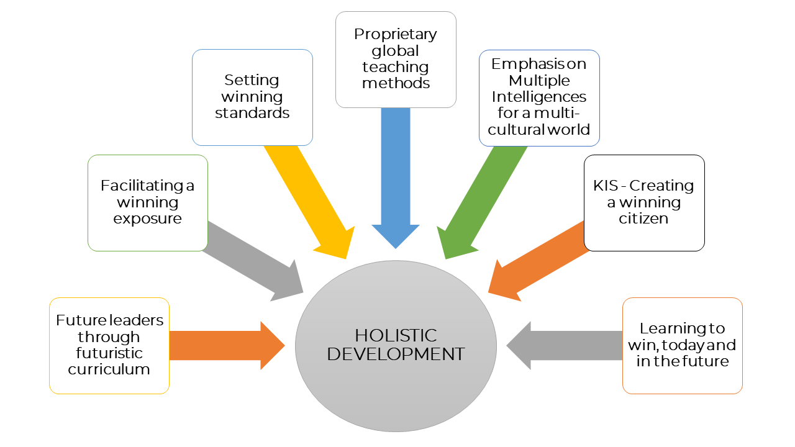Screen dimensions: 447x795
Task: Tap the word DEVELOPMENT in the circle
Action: [x=396, y=354]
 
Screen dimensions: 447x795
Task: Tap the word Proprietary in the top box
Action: [x=396, y=34]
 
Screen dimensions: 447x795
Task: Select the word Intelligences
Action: [x=539, y=97]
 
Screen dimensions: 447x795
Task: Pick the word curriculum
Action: [x=109, y=369]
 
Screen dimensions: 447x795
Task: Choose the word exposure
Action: [x=147, y=219]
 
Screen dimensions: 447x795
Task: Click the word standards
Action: [x=252, y=114]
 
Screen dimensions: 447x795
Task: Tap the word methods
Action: [x=396, y=83]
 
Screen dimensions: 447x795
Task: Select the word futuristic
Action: [x=109, y=353]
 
